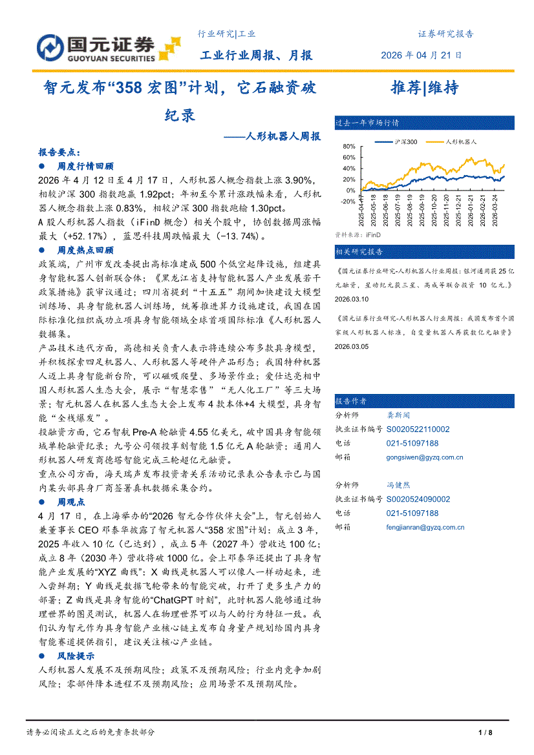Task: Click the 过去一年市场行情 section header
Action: pos(367,122)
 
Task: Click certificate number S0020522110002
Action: pos(418,429)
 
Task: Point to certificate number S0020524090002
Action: pos(418,499)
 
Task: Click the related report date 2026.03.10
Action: pos(352,299)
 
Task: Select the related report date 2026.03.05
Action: pos(352,346)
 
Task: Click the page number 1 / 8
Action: pos(486,732)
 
